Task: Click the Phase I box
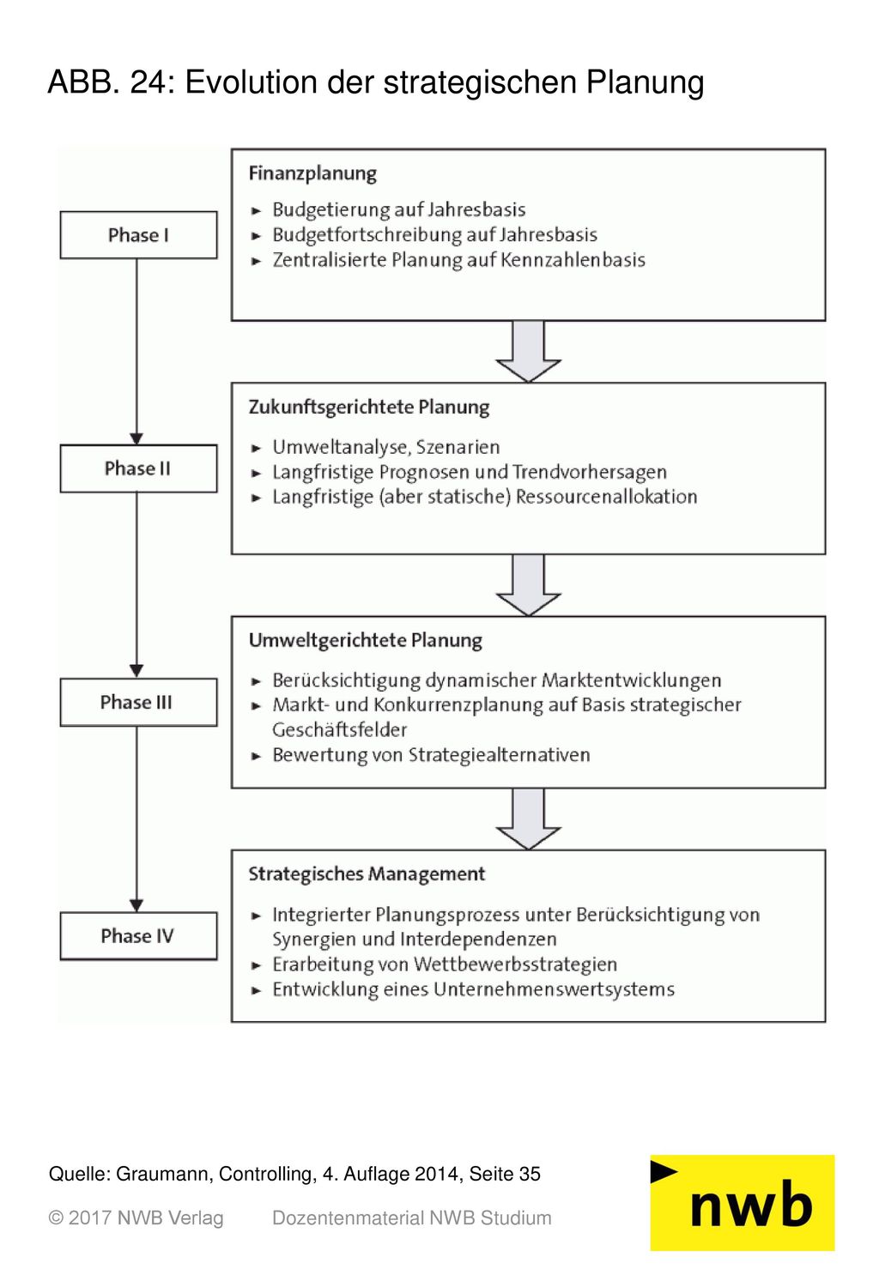coord(138,235)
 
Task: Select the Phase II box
coord(138,468)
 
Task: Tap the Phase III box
coord(138,702)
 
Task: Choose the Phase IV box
coord(138,936)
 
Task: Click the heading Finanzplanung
coord(312,173)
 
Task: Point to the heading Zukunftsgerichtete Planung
coord(369,408)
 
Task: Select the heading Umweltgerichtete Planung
coord(366,641)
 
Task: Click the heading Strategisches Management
coord(367,874)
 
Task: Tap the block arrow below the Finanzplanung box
coord(528,351)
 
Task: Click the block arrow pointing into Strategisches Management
coord(528,819)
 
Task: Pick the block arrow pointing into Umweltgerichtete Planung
coord(528,584)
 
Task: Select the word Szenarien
coord(458,447)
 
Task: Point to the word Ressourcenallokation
coord(606,497)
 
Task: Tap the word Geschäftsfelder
coord(339,729)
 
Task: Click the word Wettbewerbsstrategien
coord(515,964)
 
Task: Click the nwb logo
coord(743,1203)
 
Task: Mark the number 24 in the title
coord(149,82)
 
